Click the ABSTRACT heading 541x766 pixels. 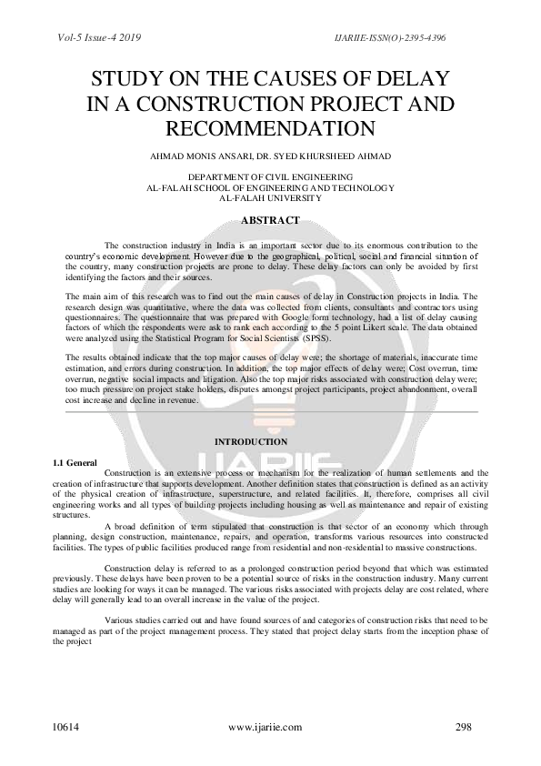click(x=270, y=219)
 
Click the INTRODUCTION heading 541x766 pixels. click(x=251, y=441)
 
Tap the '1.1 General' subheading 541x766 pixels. click(x=75, y=463)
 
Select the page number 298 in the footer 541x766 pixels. click(x=465, y=728)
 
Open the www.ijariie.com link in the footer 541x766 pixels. click(x=264, y=728)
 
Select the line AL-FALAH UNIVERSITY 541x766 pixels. click(x=270, y=197)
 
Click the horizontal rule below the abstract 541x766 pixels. click(x=270, y=411)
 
